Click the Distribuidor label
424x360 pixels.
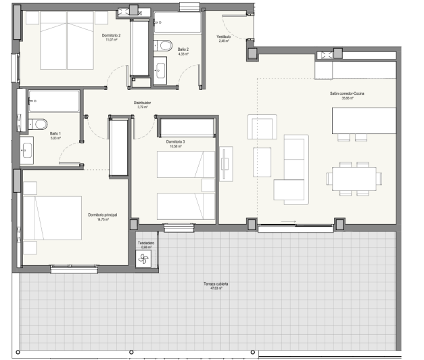click(143, 104)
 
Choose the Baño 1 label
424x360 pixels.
click(55, 134)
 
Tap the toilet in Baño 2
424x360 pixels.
click(165, 45)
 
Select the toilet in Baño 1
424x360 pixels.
click(39, 124)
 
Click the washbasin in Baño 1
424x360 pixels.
click(27, 150)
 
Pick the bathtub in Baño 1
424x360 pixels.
click(53, 102)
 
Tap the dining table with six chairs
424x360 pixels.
click(352, 178)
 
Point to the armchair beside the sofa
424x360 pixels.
click(262, 127)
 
